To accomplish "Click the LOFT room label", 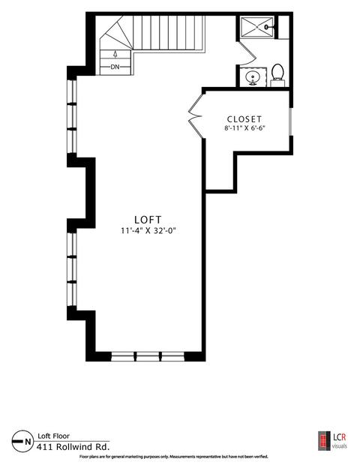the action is coord(148,220).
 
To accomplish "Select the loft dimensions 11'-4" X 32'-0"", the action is coord(148,230).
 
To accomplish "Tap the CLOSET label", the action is coord(244,119).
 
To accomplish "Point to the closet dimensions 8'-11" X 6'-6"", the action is coord(244,128).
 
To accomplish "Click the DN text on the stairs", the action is coord(115,67).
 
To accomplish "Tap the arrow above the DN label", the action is coord(115,54).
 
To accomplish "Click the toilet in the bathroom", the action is coord(277,75).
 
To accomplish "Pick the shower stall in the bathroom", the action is coord(256,27).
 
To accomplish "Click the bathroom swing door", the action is coord(247,52).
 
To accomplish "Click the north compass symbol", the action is coord(22,441).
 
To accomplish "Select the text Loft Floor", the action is coord(54,436).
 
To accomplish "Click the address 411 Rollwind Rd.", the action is coord(73,446).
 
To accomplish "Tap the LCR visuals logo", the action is coord(332,440).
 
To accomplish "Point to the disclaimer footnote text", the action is coord(174,457).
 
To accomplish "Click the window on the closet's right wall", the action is coord(291,121).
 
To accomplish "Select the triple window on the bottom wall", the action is coord(148,356).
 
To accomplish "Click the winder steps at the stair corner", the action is coord(117,33).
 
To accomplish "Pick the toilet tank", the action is coord(277,83).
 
